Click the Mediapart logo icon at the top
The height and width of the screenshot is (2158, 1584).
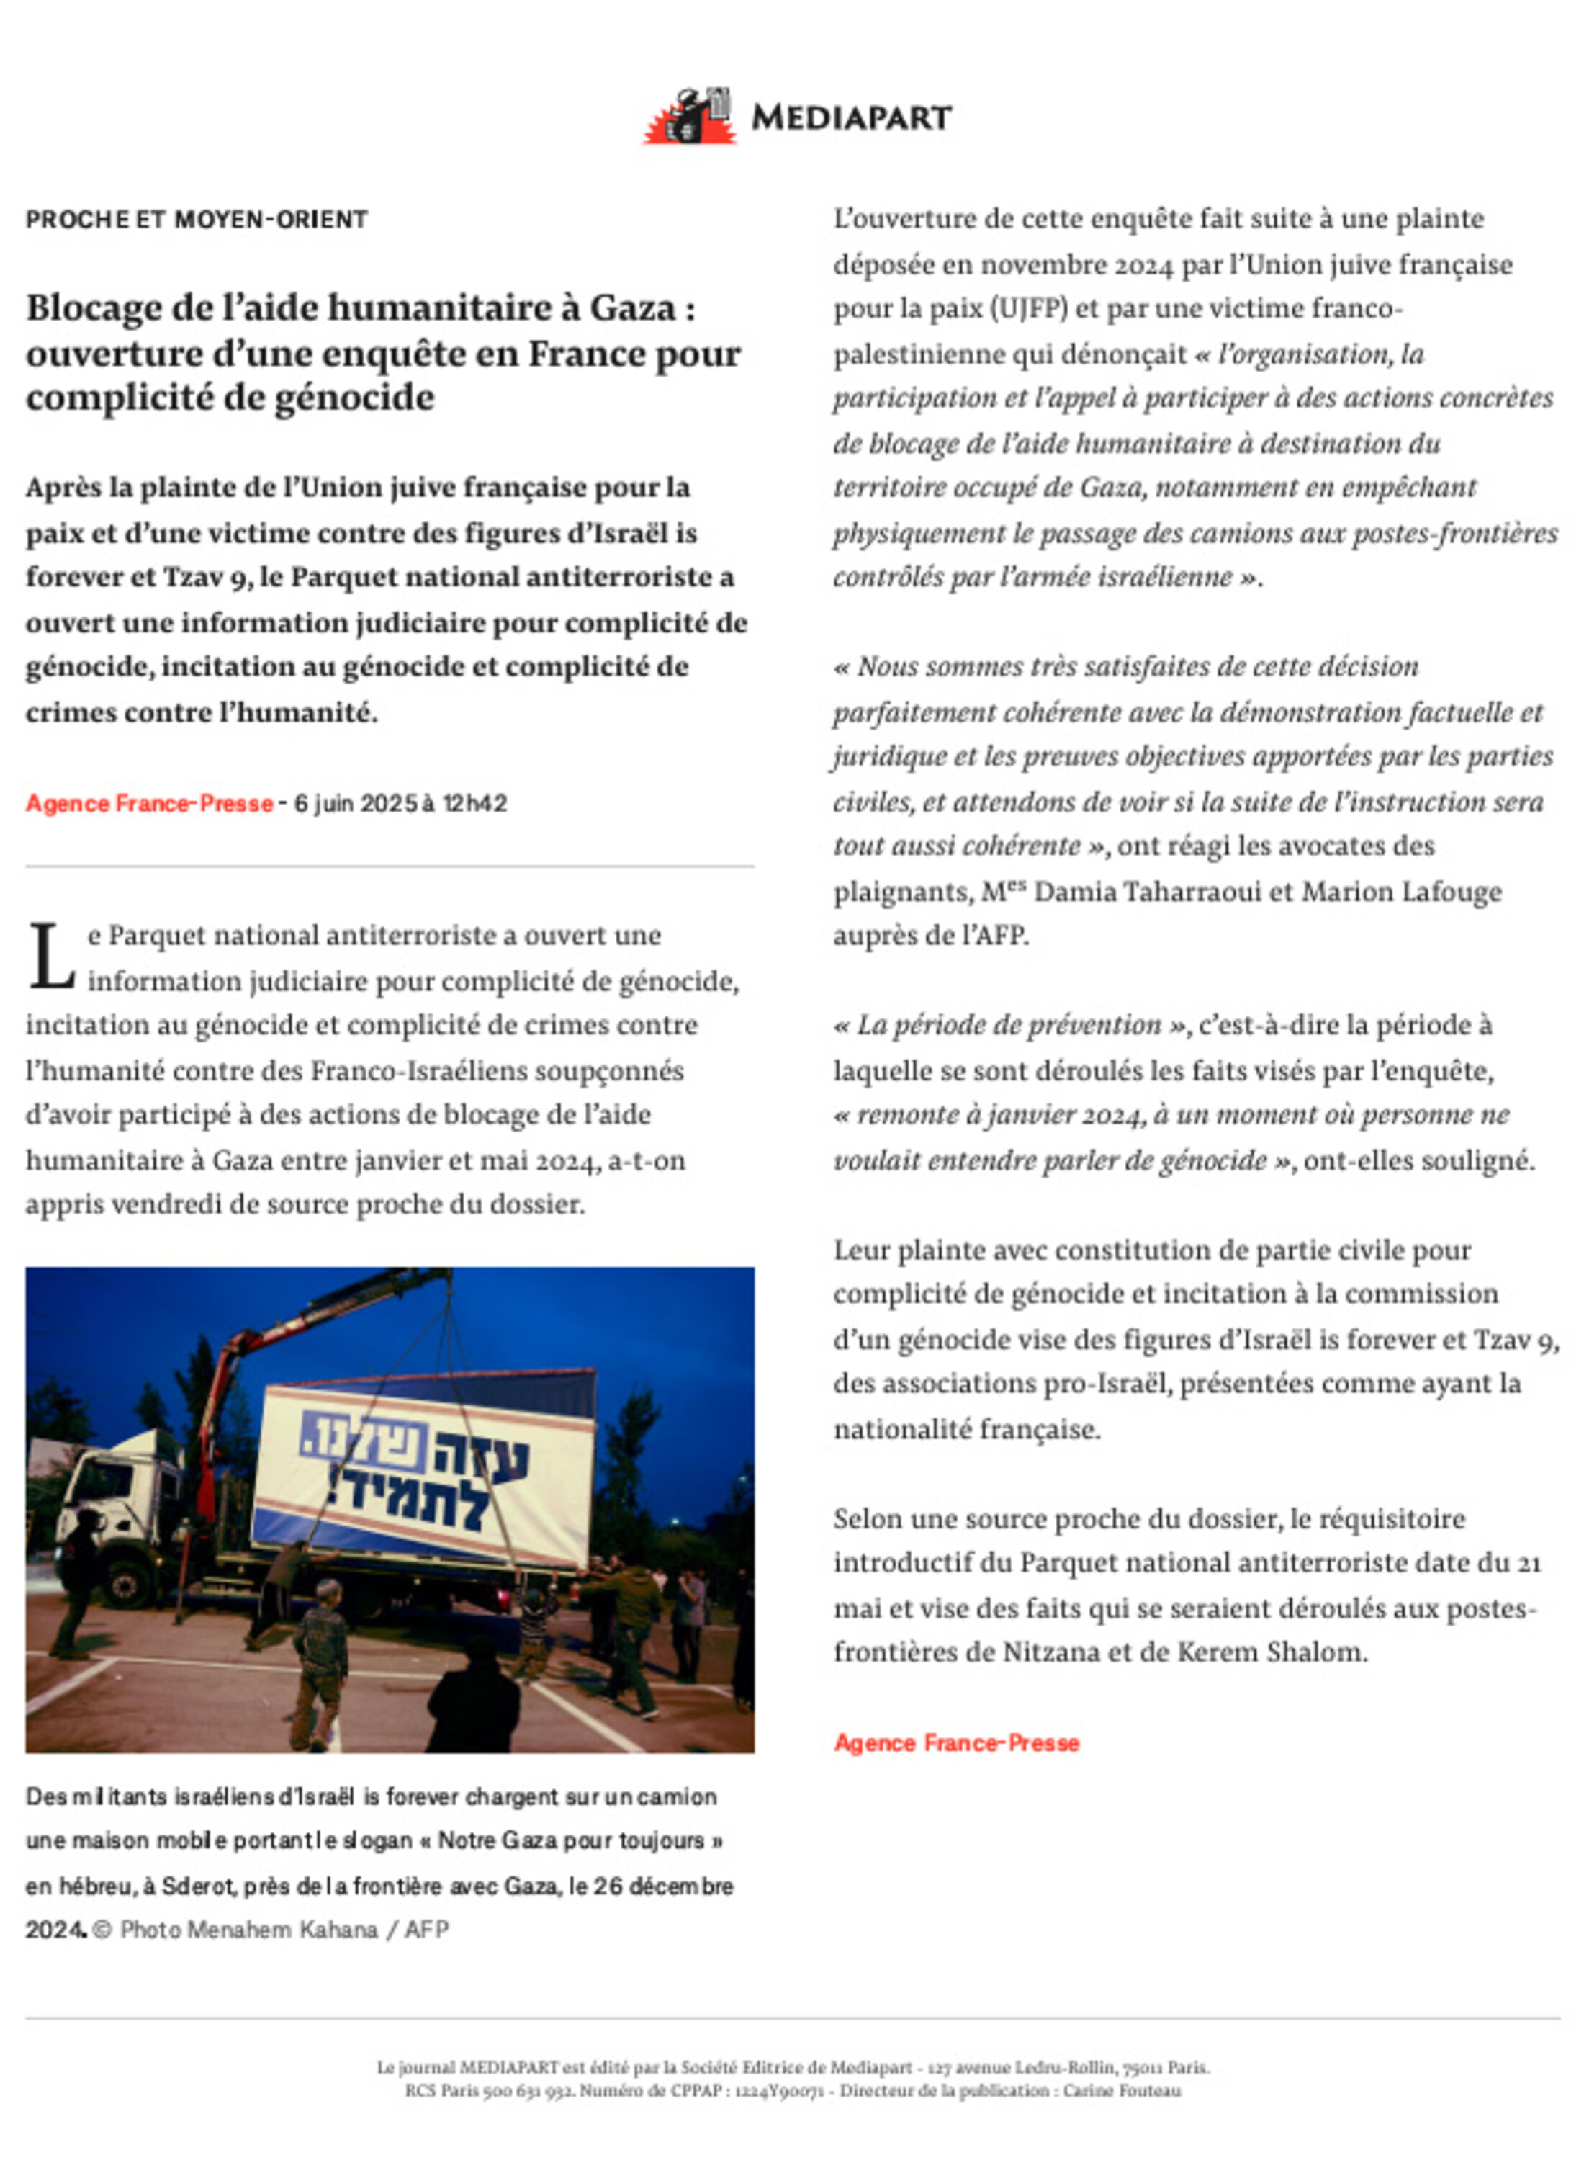click(x=688, y=117)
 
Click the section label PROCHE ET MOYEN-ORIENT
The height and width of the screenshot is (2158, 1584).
click(x=197, y=220)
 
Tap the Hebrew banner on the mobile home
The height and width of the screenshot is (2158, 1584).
click(x=422, y=1467)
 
